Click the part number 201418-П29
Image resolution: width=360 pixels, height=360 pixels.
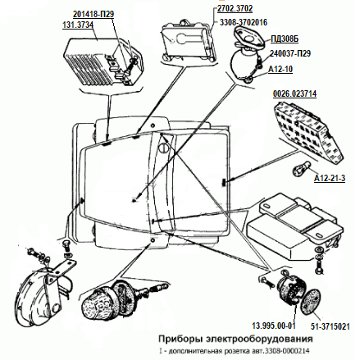(93, 14)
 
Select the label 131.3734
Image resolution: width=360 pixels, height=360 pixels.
(78, 25)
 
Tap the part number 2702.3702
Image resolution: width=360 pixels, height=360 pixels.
(235, 8)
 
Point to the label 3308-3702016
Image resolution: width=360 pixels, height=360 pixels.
(244, 22)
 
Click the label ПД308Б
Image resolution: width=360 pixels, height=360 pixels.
(285, 39)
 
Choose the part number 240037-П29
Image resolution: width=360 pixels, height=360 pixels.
(290, 53)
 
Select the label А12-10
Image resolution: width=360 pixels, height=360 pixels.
(280, 69)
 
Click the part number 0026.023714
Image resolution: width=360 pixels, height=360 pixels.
(294, 93)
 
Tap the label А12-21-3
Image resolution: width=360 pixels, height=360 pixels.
(330, 178)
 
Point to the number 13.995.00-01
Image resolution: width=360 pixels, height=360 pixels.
(274, 326)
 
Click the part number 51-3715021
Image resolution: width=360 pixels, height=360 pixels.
(330, 326)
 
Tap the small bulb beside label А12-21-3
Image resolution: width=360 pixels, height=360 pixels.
(302, 168)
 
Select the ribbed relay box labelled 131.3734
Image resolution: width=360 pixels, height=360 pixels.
(103, 61)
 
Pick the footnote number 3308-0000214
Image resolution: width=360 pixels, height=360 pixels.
(287, 351)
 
